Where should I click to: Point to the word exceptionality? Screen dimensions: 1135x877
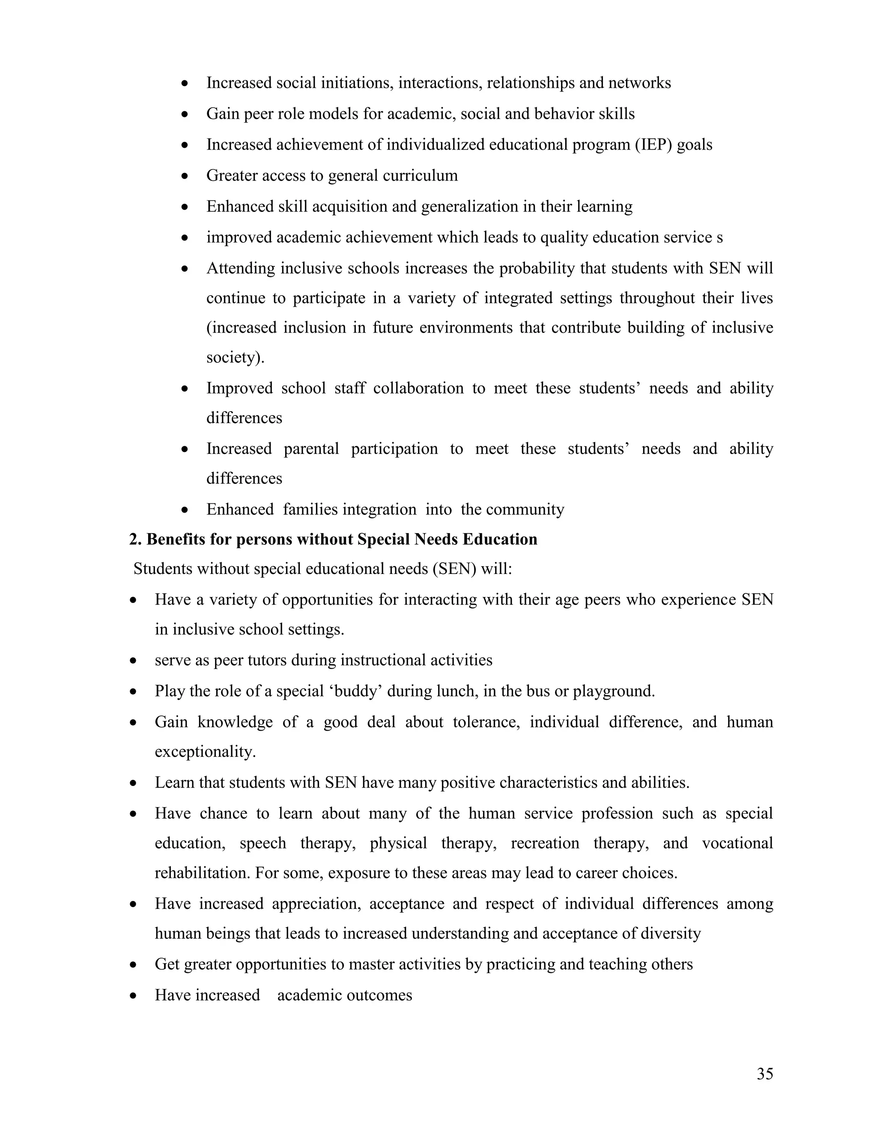[x=205, y=752]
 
